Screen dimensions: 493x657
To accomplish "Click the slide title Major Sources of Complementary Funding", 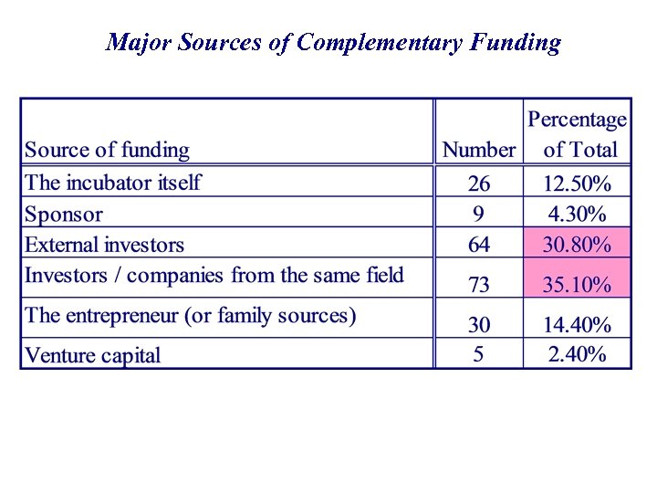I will click(333, 42).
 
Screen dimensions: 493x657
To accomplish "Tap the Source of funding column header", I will click(107, 150).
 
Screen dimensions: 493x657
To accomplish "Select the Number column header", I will click(479, 150).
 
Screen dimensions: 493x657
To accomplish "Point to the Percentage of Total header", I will click(578, 134).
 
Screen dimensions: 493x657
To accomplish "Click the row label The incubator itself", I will click(113, 182).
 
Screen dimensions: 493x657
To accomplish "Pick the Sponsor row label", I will click(64, 215).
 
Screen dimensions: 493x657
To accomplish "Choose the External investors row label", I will click(104, 245).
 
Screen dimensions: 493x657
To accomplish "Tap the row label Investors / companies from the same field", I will click(214, 275).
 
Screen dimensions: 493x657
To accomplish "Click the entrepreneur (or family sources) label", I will click(190, 316).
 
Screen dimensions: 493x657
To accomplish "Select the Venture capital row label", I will click(92, 355).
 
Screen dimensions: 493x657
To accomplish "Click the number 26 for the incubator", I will click(478, 184).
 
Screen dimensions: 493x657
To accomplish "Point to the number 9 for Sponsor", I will click(478, 215).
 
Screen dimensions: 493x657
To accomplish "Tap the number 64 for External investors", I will click(478, 245).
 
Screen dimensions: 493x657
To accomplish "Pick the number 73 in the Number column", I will click(478, 285).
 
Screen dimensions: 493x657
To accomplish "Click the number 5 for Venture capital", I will click(478, 354).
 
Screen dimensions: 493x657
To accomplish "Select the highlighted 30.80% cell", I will click(577, 245).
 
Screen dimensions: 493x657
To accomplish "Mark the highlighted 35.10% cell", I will click(577, 285).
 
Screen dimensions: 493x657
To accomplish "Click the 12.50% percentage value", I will click(577, 184).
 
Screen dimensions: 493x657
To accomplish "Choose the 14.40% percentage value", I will click(577, 324).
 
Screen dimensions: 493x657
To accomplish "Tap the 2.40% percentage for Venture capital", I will click(577, 354).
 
